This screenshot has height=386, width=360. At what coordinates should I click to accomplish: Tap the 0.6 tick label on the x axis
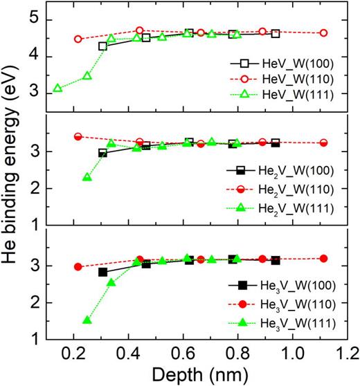(x=181, y=353)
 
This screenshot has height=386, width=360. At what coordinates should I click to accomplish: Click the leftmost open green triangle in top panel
(x=58, y=89)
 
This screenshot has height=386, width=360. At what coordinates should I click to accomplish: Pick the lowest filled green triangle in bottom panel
(x=87, y=320)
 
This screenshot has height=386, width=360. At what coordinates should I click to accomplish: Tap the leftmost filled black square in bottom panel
(x=103, y=272)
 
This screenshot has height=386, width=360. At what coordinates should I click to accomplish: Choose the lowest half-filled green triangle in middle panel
(x=87, y=177)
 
